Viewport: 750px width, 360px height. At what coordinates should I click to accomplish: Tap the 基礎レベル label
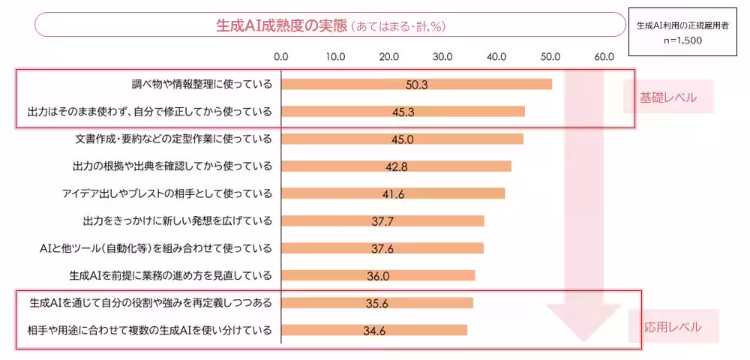point(667,97)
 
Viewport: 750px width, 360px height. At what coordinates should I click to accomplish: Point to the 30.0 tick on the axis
point(442,56)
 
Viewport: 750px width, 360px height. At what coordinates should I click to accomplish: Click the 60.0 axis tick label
point(604,56)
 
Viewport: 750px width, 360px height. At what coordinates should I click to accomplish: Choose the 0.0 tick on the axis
point(281,56)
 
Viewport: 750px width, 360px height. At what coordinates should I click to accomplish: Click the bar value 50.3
point(416,85)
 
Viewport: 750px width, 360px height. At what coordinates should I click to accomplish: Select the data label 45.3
point(403,112)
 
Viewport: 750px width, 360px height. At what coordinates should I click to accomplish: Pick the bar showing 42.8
point(396,166)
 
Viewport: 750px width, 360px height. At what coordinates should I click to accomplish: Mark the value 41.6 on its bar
point(393,193)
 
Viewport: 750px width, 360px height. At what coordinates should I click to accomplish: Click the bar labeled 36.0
point(378,276)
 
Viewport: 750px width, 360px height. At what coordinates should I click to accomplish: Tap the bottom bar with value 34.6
point(374,330)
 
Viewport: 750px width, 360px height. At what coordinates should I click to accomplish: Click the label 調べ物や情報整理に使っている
point(201,84)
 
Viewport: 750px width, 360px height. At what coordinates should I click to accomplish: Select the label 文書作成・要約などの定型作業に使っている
point(174,139)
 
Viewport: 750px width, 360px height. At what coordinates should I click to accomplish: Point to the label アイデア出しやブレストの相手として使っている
point(167,193)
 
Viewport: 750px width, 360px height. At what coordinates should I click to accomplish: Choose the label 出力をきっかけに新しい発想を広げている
point(177,220)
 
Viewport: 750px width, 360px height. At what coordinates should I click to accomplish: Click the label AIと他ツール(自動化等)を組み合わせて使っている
point(155,248)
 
